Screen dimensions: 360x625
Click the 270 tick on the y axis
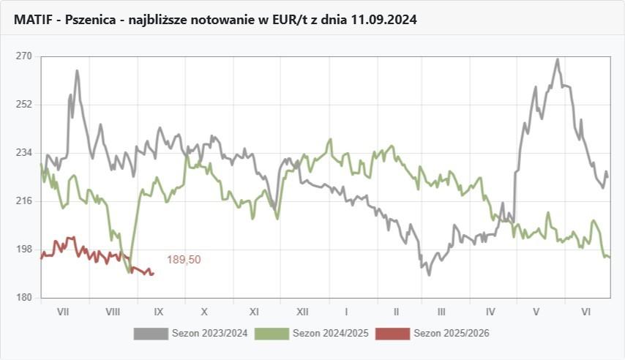[x=24, y=56]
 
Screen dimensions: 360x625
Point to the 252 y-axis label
[x=24, y=105]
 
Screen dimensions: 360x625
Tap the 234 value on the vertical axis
[x=24, y=153]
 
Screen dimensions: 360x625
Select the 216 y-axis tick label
[x=24, y=201]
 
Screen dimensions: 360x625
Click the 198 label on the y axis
[x=24, y=250]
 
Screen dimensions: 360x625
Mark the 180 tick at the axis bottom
[x=24, y=298]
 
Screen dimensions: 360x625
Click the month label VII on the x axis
[x=63, y=312]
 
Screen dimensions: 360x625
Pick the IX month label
[x=160, y=312]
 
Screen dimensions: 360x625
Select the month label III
[x=441, y=312]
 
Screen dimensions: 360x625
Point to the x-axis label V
[x=536, y=312]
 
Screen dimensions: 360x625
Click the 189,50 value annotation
[x=184, y=260]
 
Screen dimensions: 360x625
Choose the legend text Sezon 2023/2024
[x=210, y=334]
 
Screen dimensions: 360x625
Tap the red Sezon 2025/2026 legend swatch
[x=392, y=334]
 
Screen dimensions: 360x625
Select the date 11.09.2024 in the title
[x=384, y=20]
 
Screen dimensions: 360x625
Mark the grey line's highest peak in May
[x=558, y=59]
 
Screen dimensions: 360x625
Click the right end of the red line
[x=153, y=274]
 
